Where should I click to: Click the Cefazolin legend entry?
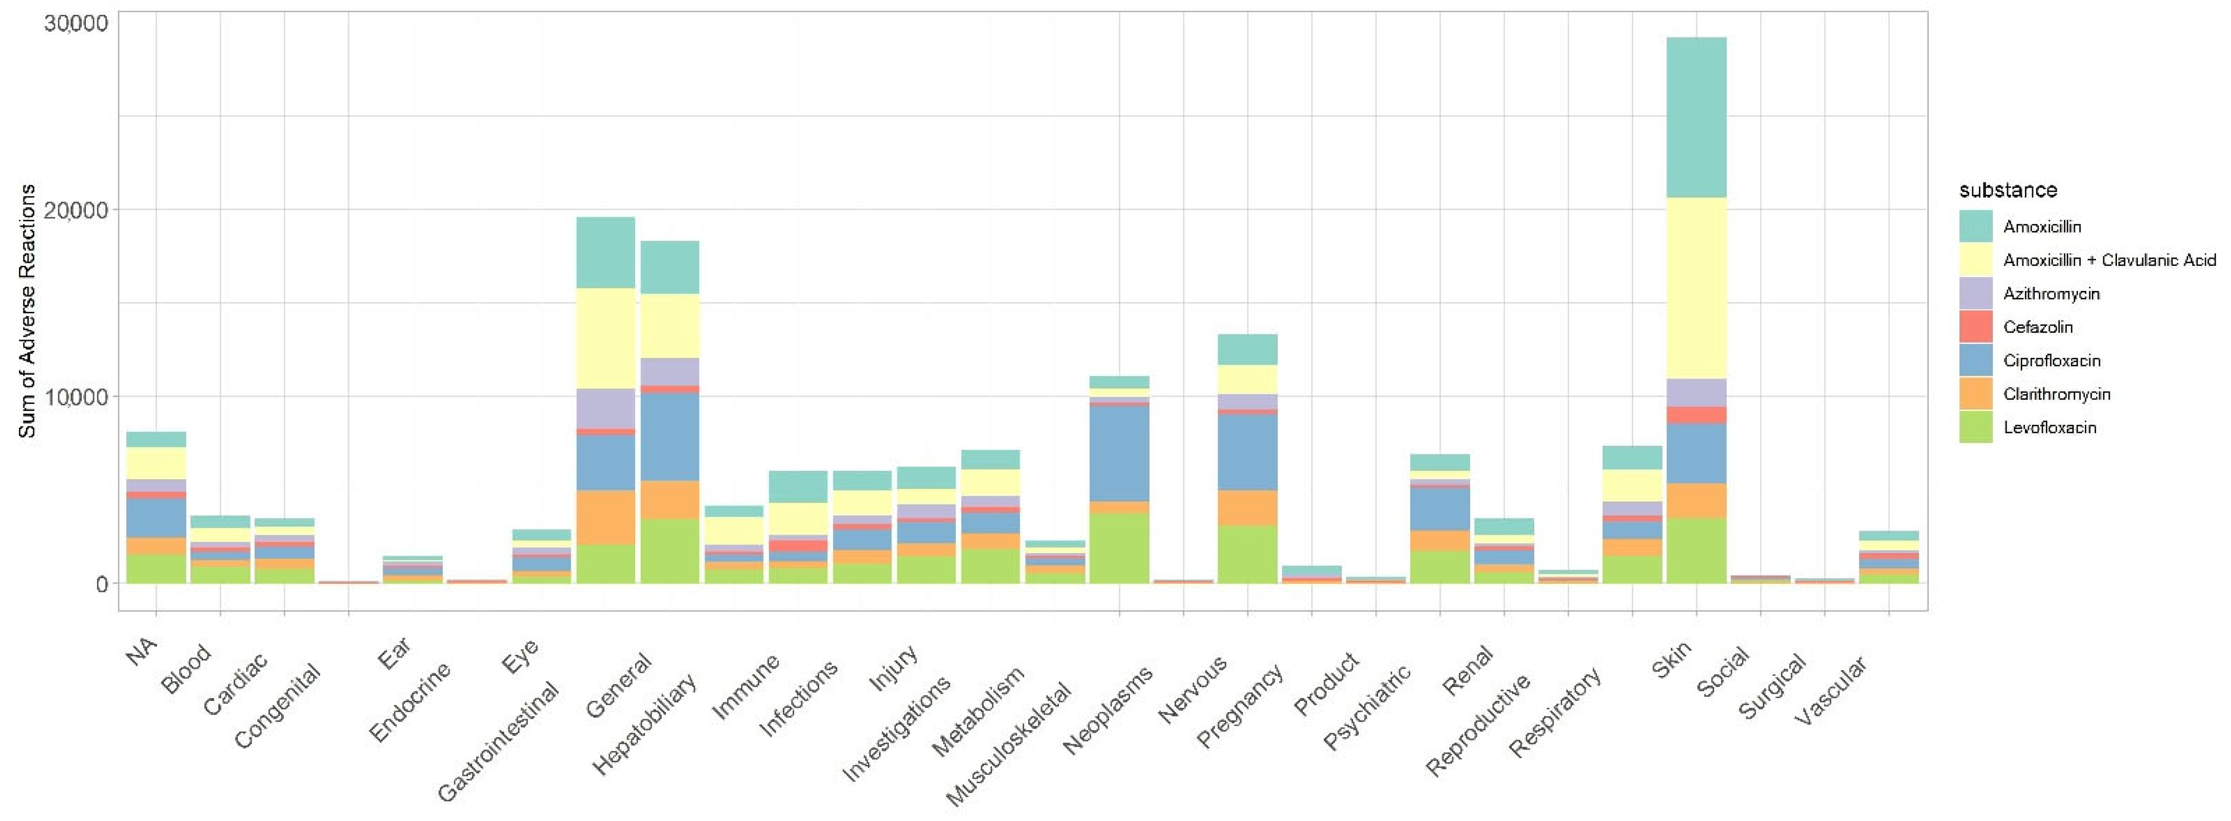click(x=2037, y=327)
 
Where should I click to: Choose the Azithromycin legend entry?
click(x=2050, y=293)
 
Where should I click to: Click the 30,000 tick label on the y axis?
click(x=76, y=24)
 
